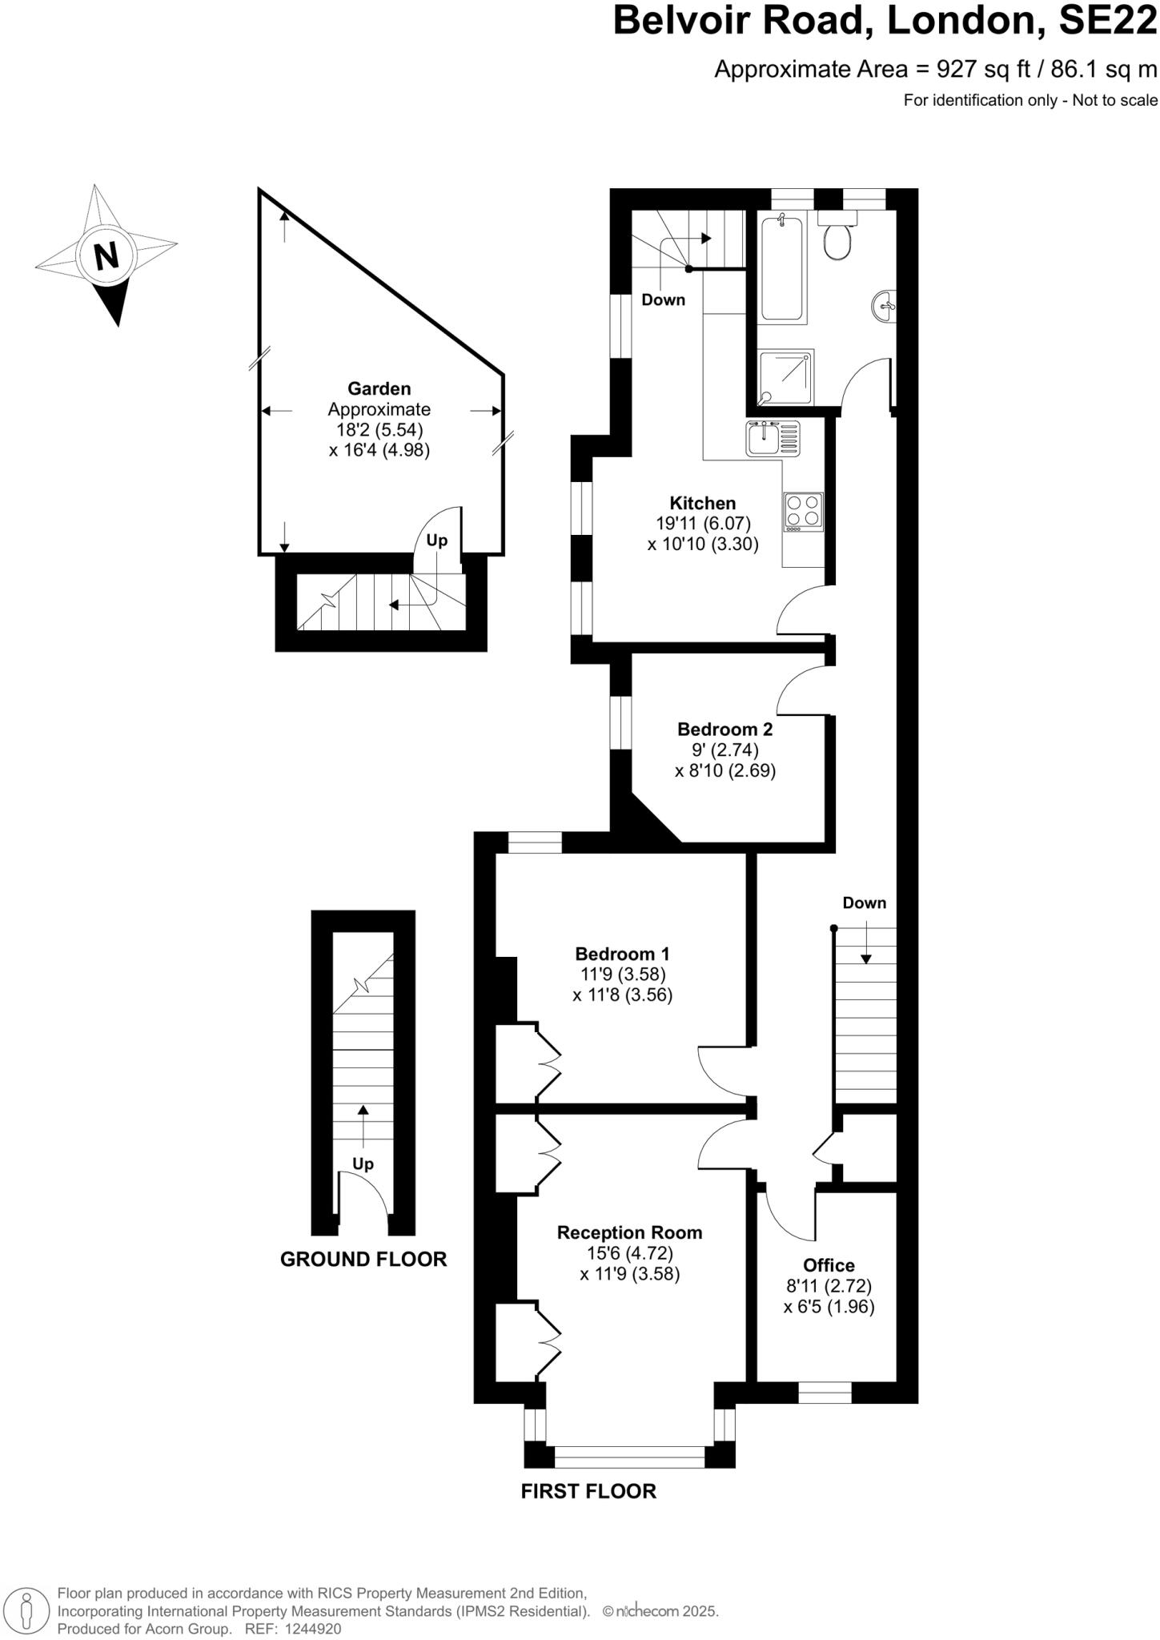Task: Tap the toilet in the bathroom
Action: coord(837,239)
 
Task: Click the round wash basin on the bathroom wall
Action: coord(885,305)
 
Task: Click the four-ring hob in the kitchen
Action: coord(803,512)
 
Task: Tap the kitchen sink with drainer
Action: coord(773,439)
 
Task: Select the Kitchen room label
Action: coord(702,503)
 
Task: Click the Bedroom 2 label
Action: coord(724,729)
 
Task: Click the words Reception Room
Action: coord(629,1232)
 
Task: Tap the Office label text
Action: coord(829,1265)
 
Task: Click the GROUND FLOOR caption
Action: coord(363,1260)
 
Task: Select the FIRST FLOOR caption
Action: coord(588,1492)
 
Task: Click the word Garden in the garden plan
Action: coord(379,388)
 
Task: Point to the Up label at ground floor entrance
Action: coord(363,1164)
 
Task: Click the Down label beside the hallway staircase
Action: coord(864,903)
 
